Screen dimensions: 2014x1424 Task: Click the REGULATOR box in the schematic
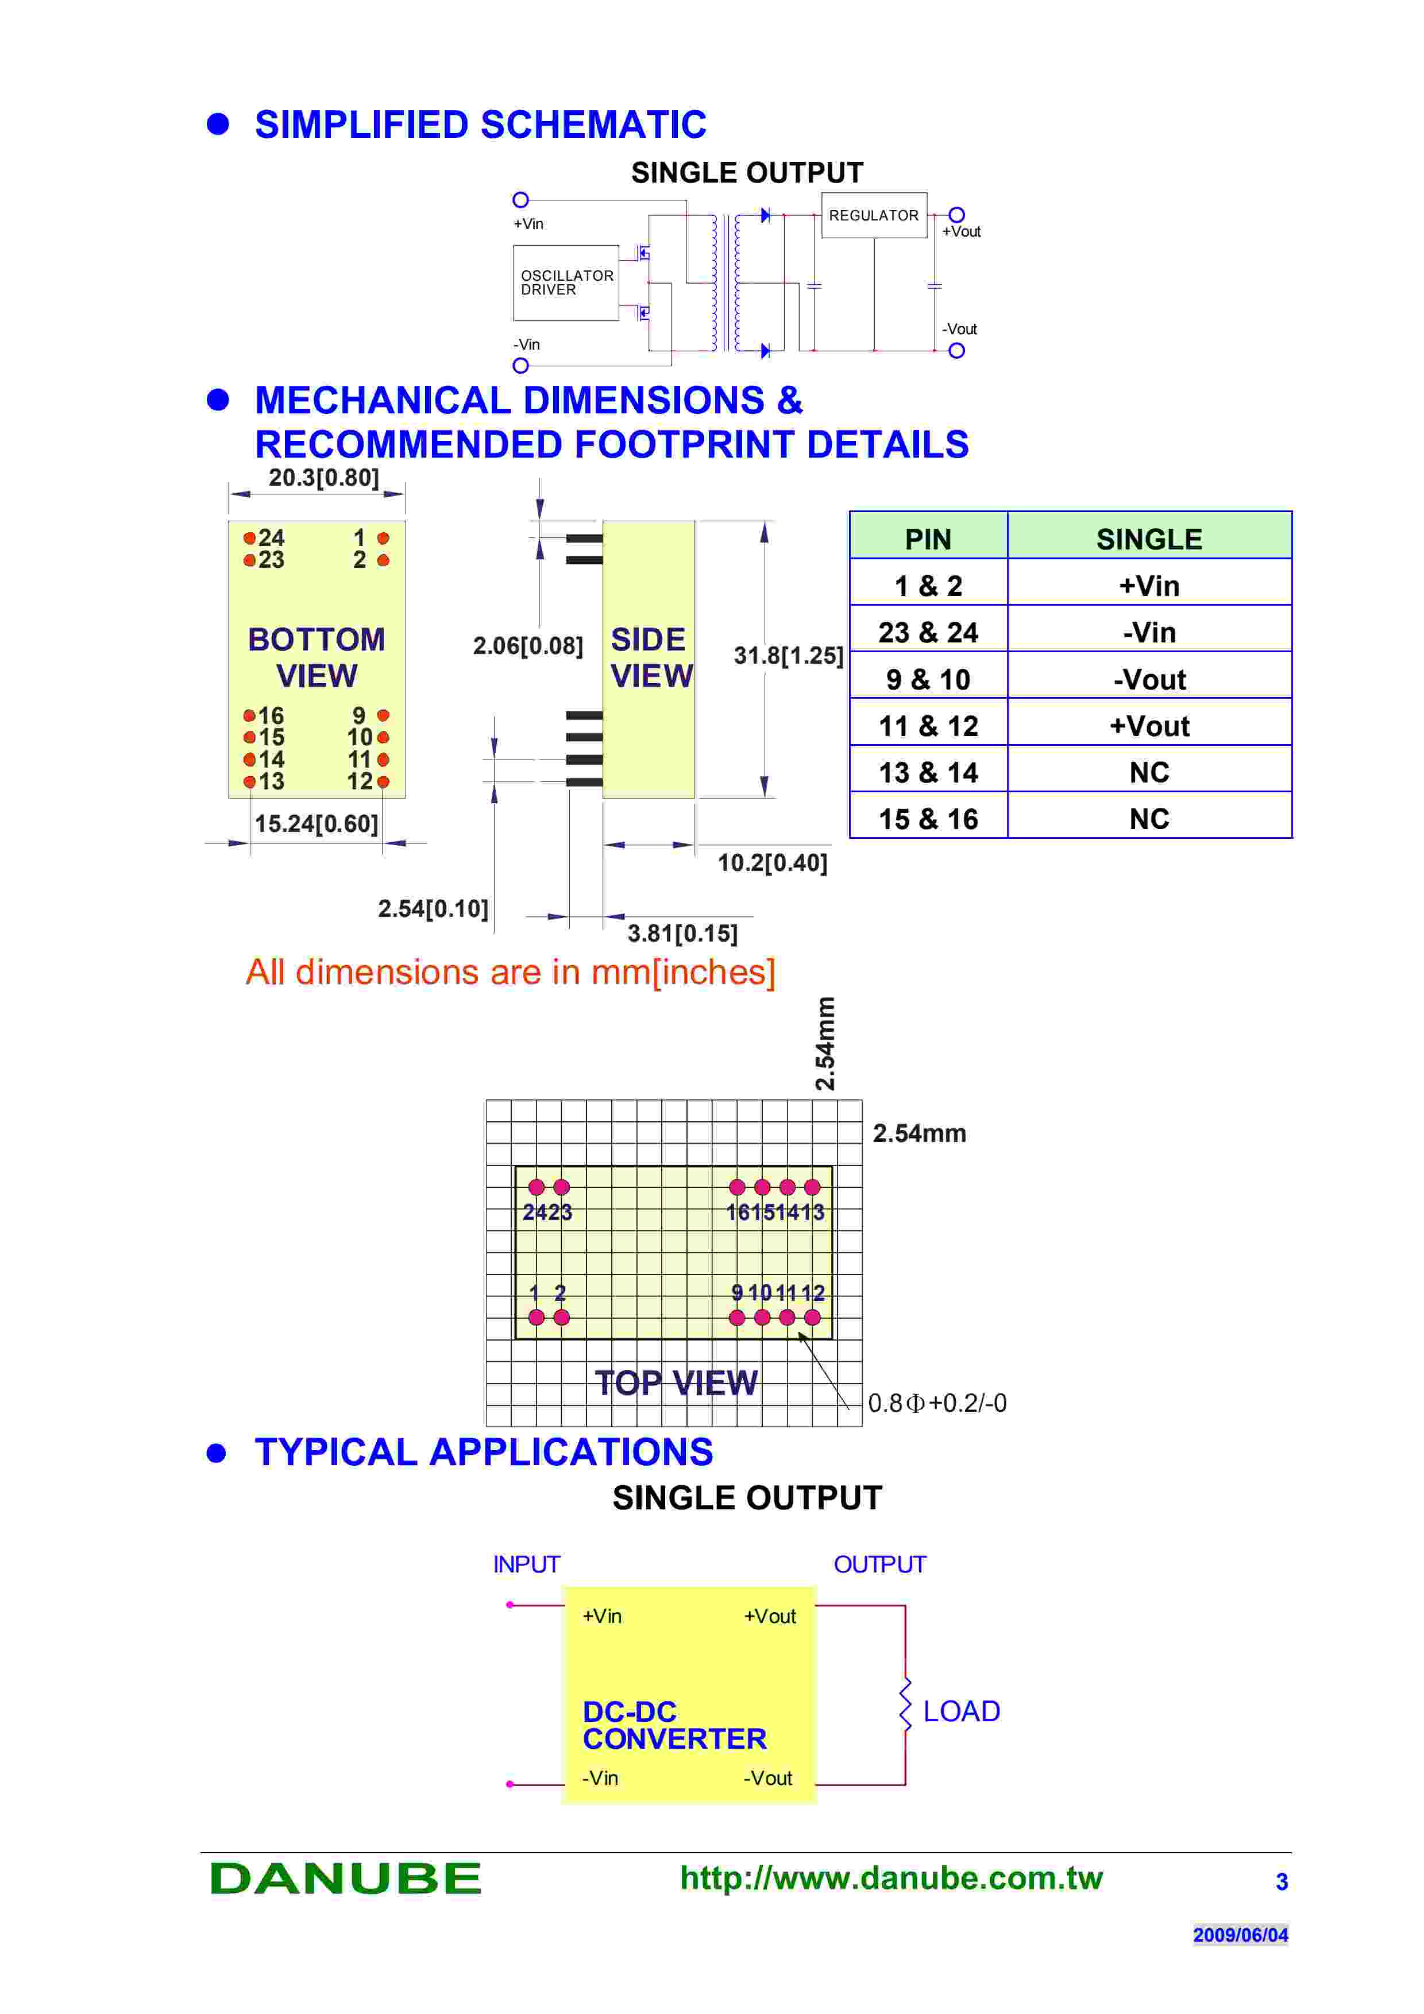click(x=873, y=215)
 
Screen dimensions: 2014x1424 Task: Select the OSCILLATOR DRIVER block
click(x=566, y=282)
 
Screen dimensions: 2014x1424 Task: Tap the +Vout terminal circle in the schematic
click(x=956, y=215)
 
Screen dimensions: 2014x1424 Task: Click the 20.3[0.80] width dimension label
click(x=324, y=478)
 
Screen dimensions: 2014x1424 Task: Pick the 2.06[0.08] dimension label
click(x=527, y=646)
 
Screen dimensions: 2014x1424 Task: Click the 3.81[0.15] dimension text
click(x=682, y=934)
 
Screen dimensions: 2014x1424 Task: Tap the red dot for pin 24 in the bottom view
click(x=249, y=538)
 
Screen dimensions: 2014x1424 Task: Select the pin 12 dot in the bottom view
click(x=383, y=781)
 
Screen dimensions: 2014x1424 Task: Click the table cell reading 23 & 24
click(x=928, y=633)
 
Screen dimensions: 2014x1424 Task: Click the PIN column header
click(x=928, y=539)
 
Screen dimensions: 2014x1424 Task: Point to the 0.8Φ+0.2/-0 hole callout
click(x=936, y=1404)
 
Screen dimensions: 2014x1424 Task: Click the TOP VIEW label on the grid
click(x=676, y=1383)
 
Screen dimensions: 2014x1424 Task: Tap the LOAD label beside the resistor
click(x=961, y=1711)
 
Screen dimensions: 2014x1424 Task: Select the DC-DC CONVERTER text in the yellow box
click(x=673, y=1725)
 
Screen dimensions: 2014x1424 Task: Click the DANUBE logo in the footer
click(x=345, y=1878)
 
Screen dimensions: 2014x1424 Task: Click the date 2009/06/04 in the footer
click(x=1240, y=1934)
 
